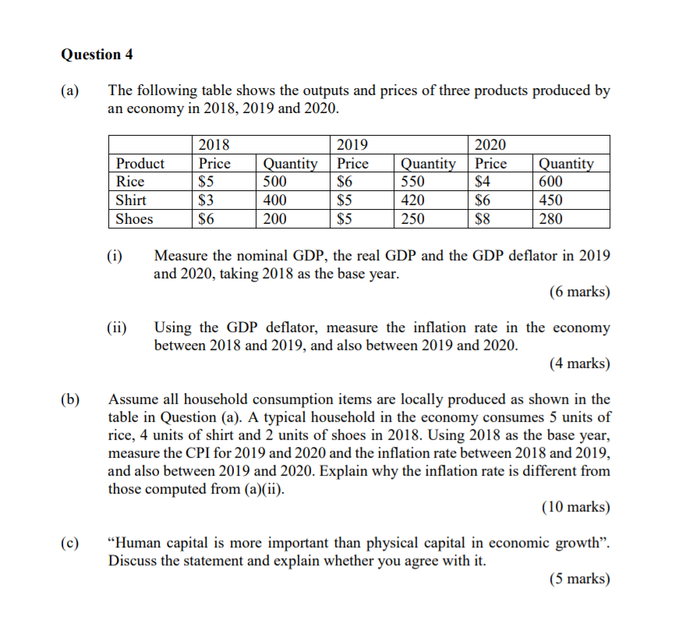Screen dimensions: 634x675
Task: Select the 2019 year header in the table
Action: [352, 144]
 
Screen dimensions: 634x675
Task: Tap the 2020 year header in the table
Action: [490, 144]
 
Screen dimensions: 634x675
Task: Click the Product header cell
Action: [140, 164]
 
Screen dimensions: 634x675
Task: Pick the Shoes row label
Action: [134, 219]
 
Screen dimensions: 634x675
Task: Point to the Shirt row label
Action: [131, 200]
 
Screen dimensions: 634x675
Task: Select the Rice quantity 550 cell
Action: [413, 182]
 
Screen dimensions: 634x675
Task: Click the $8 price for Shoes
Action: [483, 219]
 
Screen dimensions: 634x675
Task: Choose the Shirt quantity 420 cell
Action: [413, 200]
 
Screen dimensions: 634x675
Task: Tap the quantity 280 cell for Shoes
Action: [550, 219]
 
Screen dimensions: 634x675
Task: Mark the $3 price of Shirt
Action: [207, 200]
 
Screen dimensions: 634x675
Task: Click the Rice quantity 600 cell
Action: [550, 182]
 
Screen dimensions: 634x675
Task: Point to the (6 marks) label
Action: [579, 292]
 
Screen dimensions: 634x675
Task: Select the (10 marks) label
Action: [576, 508]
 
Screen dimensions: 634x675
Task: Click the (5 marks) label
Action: [579, 579]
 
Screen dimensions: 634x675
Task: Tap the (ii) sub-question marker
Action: [118, 328]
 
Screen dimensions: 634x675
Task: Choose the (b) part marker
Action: [71, 399]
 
